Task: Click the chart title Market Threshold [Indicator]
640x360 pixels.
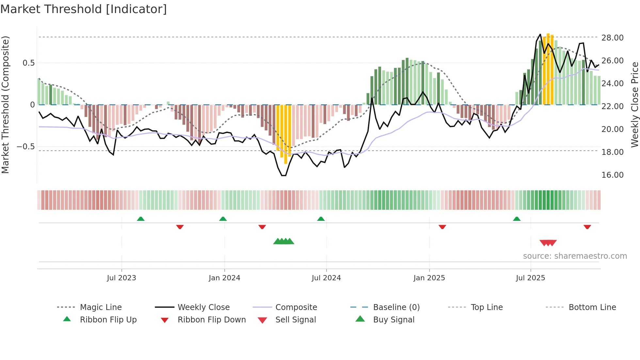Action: point(84,9)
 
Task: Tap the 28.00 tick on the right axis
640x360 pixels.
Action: point(612,38)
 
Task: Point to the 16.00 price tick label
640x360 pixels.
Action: point(612,175)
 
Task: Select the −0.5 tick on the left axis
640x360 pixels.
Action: point(25,147)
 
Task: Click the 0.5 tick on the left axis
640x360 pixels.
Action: point(28,63)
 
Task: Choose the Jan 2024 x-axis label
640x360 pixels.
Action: point(224,278)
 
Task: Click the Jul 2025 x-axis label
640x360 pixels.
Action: point(530,278)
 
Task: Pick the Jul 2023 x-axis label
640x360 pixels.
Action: point(121,278)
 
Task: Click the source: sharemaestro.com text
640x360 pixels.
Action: point(575,256)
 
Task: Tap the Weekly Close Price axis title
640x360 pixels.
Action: point(634,105)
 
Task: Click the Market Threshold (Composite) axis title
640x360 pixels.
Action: point(5,105)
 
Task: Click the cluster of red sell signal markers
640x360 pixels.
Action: point(548,243)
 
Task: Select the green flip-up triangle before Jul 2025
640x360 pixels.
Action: point(517,219)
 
